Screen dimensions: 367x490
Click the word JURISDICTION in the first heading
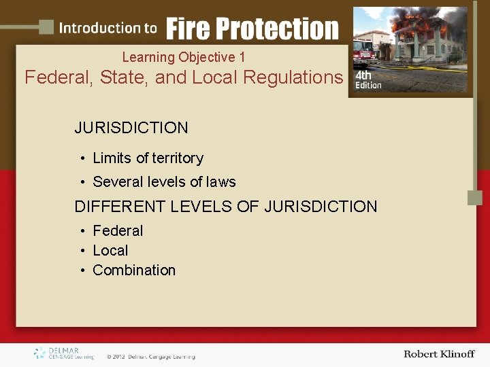[x=131, y=128]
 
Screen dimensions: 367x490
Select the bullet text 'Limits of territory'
[x=148, y=158]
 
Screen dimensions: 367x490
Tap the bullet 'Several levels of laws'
[x=164, y=182]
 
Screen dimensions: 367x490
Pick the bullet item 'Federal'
[x=118, y=231]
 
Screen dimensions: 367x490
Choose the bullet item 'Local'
[x=110, y=251]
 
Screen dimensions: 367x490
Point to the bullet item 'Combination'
[x=134, y=270]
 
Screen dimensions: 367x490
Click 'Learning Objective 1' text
[x=184, y=57]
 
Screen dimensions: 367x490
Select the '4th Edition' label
[x=368, y=80]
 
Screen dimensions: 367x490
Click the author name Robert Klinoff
[x=439, y=354]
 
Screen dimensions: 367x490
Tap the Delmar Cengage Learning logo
[x=64, y=353]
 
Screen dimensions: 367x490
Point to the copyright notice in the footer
[x=150, y=357]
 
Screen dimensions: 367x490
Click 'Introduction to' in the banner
[x=108, y=29]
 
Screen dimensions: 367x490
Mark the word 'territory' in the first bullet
[x=178, y=158]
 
